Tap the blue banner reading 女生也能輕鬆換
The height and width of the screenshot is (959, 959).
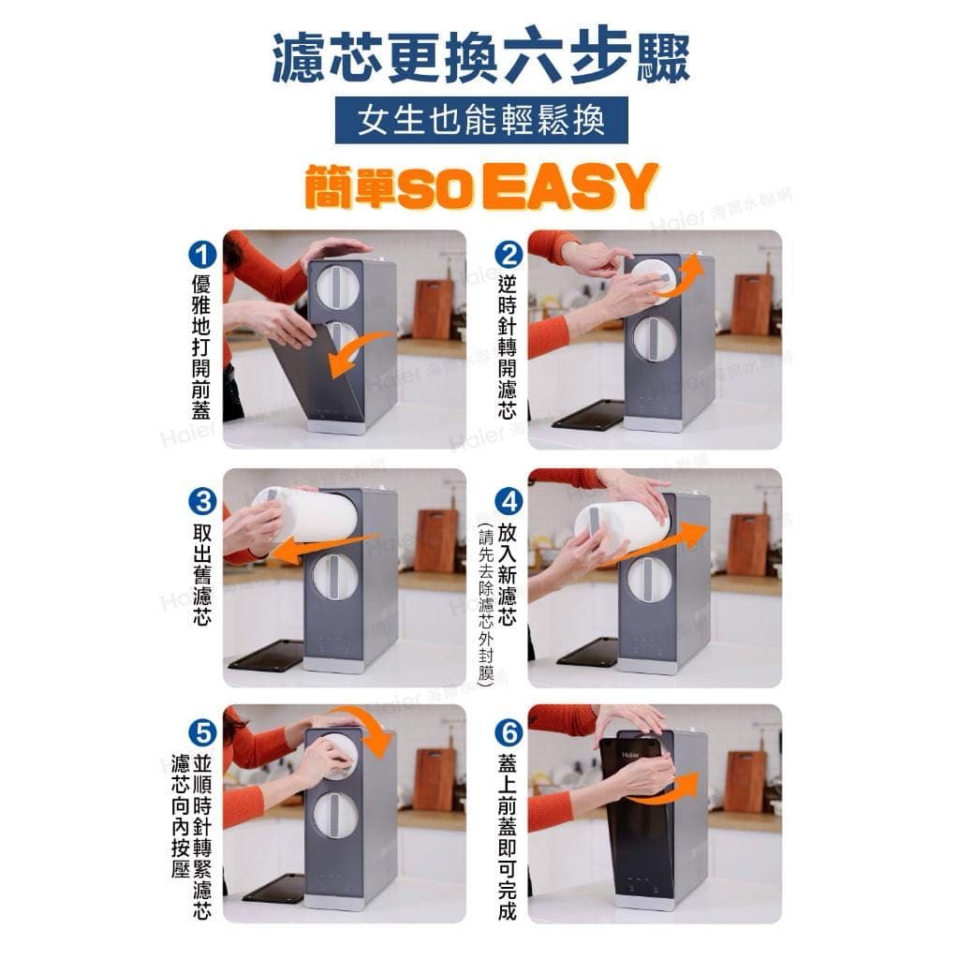point(480,122)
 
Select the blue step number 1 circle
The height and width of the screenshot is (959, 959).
point(201,255)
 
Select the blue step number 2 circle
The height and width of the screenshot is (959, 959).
point(508,255)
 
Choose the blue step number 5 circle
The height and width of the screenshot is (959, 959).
point(201,731)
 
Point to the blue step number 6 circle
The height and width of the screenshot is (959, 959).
point(508,731)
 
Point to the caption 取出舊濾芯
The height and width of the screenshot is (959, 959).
point(201,571)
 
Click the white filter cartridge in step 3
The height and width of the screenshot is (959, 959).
point(309,514)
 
